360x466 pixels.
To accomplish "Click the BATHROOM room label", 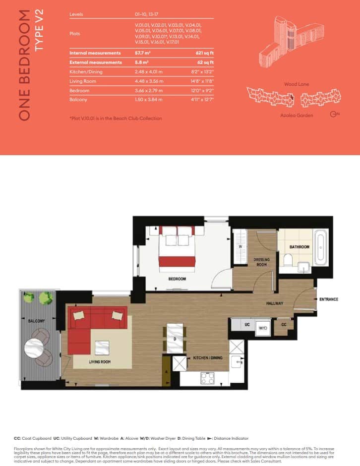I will coord(300,247).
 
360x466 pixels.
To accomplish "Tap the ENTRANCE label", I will coord(328,299).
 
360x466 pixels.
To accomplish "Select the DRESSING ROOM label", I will coord(260,262).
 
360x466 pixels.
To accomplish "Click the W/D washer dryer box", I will coord(262,328).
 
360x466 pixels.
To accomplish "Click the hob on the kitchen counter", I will coord(207,378).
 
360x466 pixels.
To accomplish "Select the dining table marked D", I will coord(175,338).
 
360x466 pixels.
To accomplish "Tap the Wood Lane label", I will coord(296,84).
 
